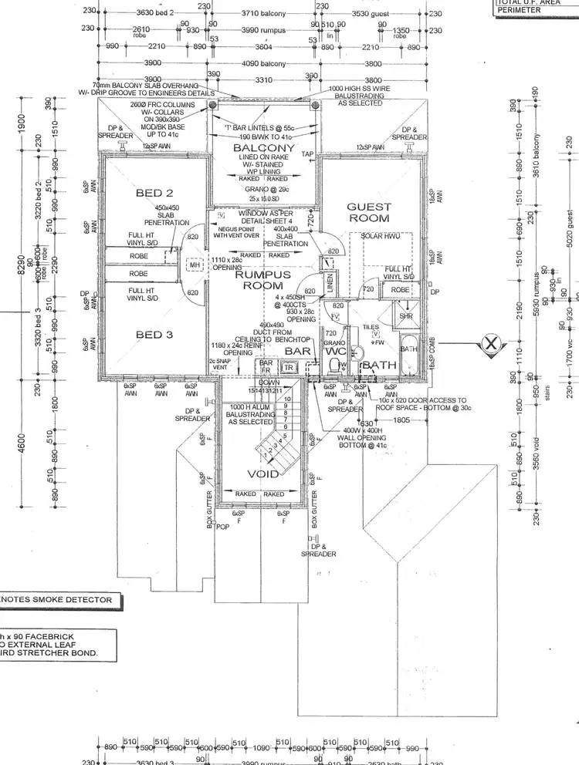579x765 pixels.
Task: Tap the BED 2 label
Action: (154, 193)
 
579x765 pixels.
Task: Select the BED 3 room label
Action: (154, 335)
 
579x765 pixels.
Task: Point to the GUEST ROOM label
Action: (369, 213)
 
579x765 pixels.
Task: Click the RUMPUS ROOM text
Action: (263, 280)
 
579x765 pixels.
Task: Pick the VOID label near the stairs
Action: (262, 474)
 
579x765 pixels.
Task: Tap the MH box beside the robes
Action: (195, 265)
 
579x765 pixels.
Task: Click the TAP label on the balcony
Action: (307, 153)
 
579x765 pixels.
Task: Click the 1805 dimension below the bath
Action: (401, 420)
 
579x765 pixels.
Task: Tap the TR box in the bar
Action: (289, 368)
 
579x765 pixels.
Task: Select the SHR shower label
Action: (406, 315)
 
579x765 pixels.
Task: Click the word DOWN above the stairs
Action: (267, 382)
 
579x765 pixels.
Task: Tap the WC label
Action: (337, 352)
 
